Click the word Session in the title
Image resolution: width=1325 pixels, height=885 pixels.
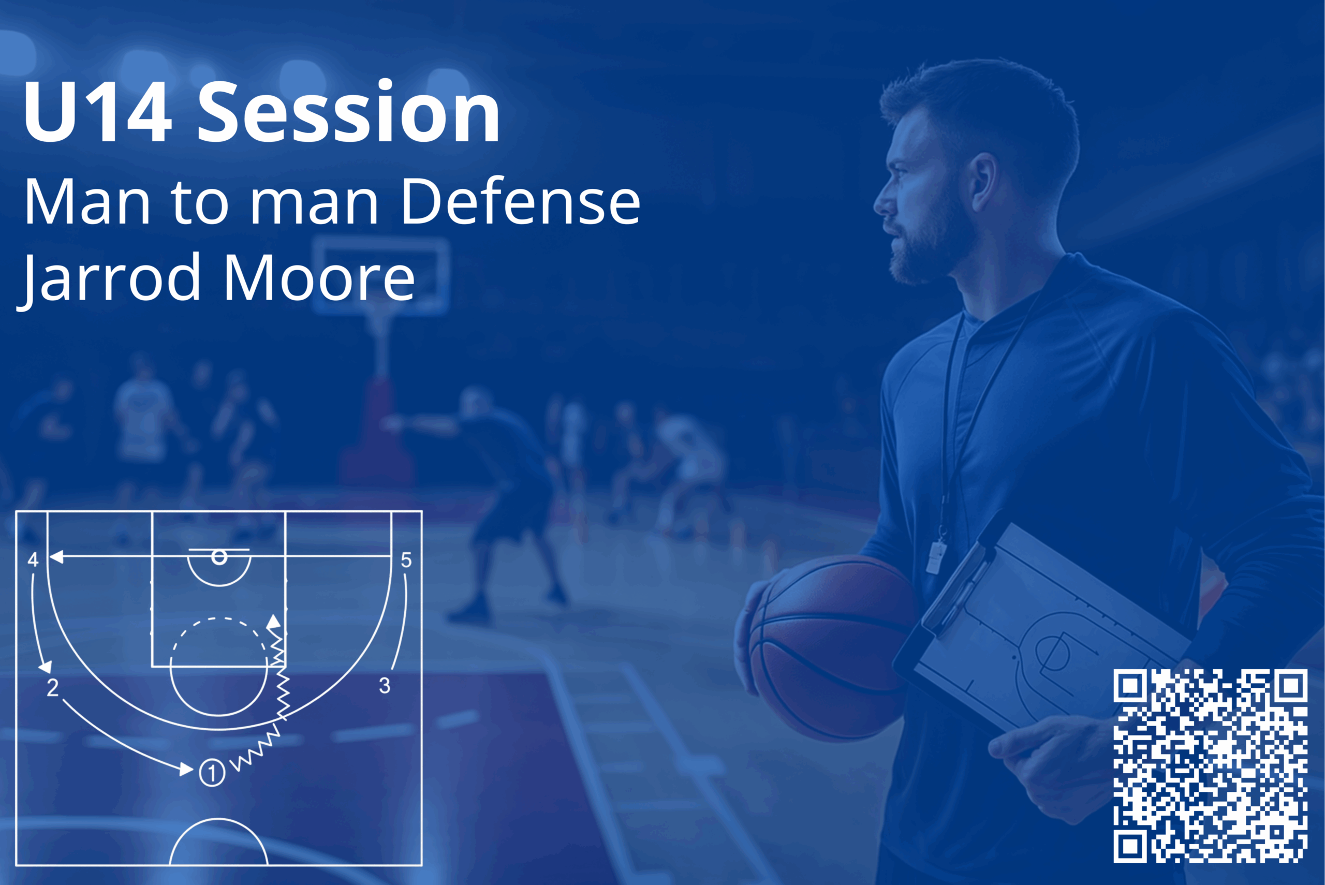point(348,112)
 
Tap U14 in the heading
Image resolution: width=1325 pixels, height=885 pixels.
point(97,112)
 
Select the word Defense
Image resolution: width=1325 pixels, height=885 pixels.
point(520,201)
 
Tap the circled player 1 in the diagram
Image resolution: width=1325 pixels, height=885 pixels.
point(212,773)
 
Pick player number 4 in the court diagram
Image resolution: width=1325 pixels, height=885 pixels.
point(33,560)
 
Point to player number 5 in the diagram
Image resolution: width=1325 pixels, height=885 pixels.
point(406,560)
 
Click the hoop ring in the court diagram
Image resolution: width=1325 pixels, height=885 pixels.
point(219,557)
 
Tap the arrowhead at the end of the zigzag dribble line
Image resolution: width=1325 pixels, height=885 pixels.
point(274,622)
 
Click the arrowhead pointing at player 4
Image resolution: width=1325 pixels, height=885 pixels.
point(56,557)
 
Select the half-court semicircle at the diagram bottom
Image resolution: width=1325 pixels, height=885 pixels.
point(219,842)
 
